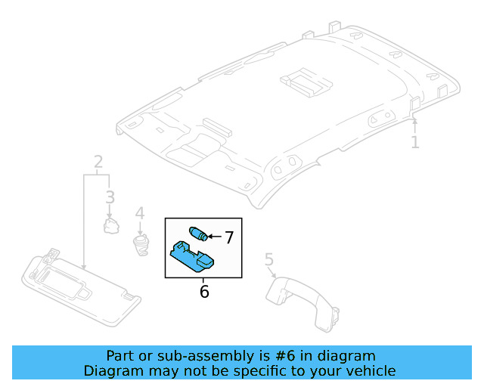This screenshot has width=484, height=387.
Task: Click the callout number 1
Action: [x=414, y=142]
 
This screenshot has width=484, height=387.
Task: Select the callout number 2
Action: [x=98, y=162]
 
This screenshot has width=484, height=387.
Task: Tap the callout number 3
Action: [x=110, y=198]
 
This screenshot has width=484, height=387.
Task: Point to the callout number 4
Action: [x=139, y=215]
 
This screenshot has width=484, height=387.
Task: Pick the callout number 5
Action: [x=268, y=261]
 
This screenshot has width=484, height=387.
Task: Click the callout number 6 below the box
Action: [x=203, y=291]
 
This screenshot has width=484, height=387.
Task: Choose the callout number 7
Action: [x=228, y=237]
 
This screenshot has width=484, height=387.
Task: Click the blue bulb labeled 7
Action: [x=199, y=233]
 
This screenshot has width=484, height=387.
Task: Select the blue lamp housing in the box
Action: [x=193, y=255]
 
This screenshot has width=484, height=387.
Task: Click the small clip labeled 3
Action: [x=112, y=224]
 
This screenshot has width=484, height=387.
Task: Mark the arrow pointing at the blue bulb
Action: [x=214, y=237]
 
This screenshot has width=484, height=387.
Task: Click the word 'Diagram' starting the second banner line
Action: [x=110, y=370]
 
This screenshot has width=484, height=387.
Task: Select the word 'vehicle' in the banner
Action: [x=371, y=370]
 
